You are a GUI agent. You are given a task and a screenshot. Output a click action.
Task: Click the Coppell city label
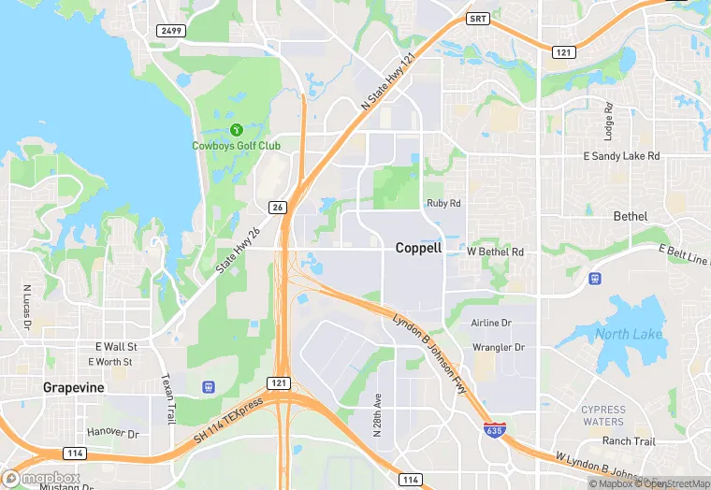[418, 248]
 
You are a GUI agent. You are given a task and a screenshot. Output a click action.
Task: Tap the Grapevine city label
[74, 387]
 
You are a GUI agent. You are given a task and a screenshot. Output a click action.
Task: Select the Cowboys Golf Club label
[236, 145]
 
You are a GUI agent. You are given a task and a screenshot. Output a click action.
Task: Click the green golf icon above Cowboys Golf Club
[236, 129]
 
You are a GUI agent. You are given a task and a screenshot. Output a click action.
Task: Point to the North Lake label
[629, 334]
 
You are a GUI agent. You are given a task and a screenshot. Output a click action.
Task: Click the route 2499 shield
[171, 31]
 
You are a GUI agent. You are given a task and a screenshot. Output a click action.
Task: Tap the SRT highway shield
[478, 18]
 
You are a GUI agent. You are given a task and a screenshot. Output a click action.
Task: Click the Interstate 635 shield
[493, 430]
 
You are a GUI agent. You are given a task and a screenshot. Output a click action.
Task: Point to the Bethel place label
[630, 216]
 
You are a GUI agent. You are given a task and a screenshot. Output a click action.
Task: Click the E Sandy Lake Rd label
[621, 156]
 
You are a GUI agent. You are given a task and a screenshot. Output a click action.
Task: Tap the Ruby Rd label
[443, 203]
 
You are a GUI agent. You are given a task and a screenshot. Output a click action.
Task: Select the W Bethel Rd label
[495, 252]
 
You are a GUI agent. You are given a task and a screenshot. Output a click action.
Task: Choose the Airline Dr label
[491, 323]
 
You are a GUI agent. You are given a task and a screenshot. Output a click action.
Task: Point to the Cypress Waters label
[603, 415]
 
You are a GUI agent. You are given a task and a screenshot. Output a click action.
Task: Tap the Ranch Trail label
[628, 440]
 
